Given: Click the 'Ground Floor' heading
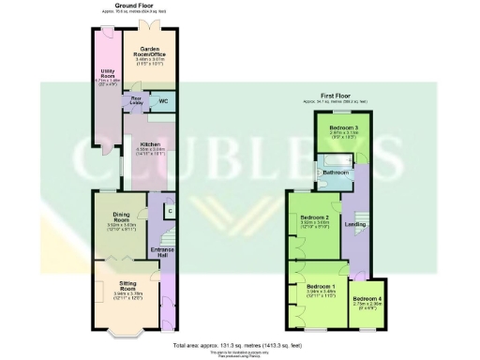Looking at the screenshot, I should [133, 5].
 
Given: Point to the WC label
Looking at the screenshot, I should [163, 99].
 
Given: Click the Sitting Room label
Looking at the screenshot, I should [127, 284].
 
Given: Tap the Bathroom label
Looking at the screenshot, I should [335, 172].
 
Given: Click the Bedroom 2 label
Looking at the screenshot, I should [311, 217].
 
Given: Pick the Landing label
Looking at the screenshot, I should [355, 223].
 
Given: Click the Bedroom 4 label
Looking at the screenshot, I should [367, 299].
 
